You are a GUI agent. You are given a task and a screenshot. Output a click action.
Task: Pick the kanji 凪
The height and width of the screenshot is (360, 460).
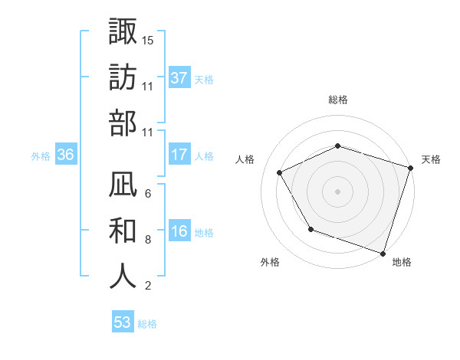pos(123,184)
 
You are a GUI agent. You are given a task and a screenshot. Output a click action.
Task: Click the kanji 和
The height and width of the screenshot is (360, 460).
pos(123,230)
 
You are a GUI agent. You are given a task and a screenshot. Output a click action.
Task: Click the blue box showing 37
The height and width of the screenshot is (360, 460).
pos(179,78)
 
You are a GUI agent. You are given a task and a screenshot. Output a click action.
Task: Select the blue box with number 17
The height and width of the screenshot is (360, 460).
pos(179,155)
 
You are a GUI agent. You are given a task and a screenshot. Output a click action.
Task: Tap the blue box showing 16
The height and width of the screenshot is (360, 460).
pos(179,232)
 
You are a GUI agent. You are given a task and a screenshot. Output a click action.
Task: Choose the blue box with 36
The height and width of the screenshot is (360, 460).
pos(66,155)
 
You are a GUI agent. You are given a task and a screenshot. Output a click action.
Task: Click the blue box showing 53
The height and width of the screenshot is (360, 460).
pos(123,322)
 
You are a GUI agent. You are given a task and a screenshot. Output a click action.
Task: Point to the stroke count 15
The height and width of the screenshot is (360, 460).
pos(148,39)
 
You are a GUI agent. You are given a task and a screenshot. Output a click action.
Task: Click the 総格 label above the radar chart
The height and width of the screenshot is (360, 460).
pos(337,100)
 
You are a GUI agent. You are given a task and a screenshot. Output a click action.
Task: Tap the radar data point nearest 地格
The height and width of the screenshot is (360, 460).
pos(383,252)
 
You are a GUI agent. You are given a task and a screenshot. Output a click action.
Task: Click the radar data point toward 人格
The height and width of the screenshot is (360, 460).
pos(280,173)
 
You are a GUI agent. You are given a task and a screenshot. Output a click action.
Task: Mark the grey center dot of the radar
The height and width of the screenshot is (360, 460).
pos(337,191)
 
